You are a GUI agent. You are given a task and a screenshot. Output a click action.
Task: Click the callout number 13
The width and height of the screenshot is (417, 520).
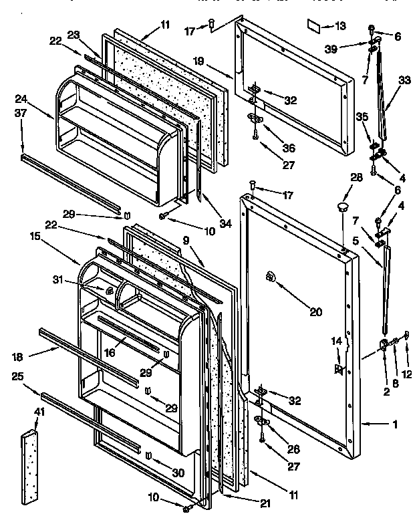coord(340,26)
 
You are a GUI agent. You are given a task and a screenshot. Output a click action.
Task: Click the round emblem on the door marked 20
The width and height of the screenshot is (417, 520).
coord(271,276)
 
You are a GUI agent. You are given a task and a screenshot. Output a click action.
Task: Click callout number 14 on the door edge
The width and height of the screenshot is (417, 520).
coord(337,341)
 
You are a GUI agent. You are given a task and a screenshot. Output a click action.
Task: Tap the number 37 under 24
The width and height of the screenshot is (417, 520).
coord(20,113)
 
